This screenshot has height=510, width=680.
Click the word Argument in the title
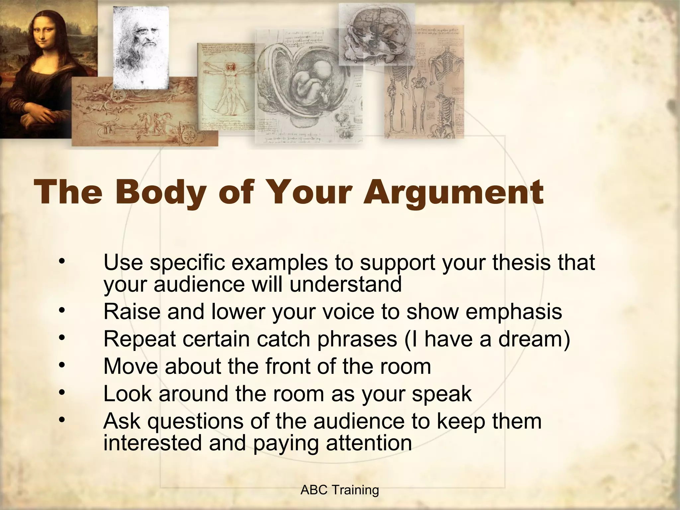point(453,193)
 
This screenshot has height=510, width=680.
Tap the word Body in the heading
point(160,193)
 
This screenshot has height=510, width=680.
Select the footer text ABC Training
point(340,490)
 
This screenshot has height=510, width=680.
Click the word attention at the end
point(369,443)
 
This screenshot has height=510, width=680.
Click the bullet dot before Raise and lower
point(61,311)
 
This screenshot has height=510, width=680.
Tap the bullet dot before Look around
point(61,393)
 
